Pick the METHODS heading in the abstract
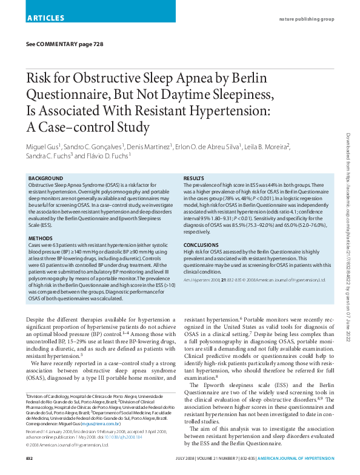click(x=40, y=238)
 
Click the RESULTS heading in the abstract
click(x=194, y=178)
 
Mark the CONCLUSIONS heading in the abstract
click(x=201, y=245)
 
